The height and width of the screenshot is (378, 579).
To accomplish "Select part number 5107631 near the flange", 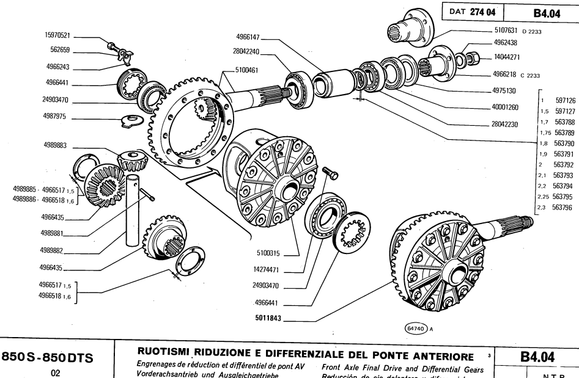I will (509, 30).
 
